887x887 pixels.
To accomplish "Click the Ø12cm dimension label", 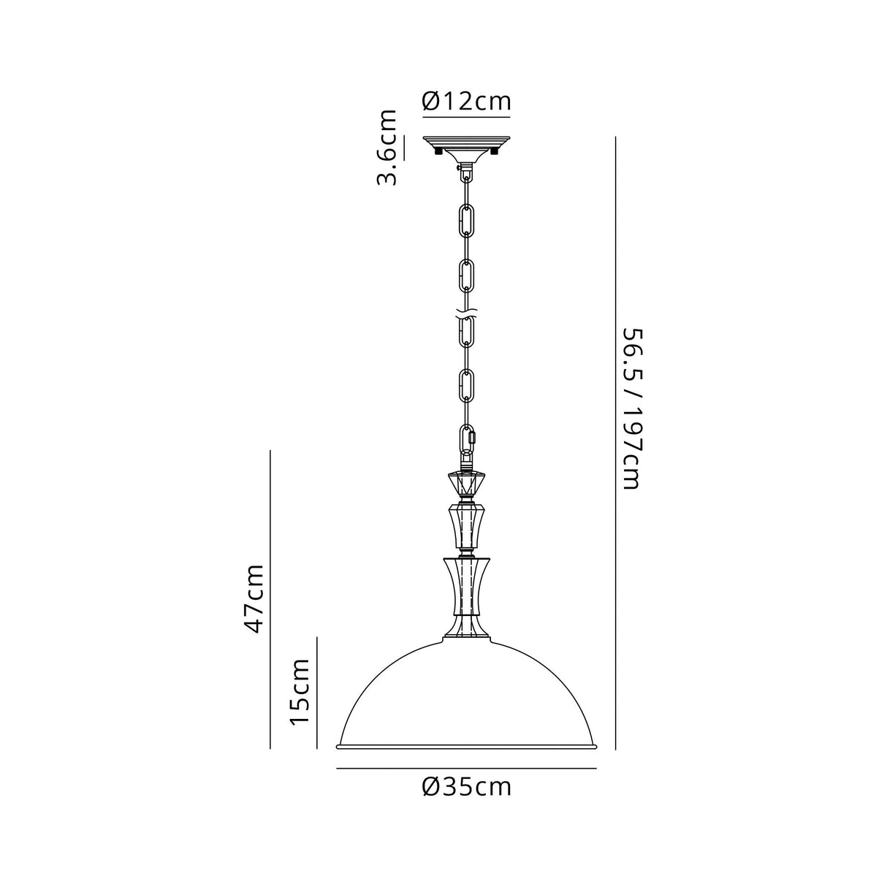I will (466, 101).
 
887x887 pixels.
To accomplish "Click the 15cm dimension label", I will (300, 691).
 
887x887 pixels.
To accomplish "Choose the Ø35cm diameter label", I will (466, 787).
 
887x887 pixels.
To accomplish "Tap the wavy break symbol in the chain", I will (466, 317).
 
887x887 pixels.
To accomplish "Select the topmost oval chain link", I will (466, 218).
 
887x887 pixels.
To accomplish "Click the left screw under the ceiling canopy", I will (438, 153).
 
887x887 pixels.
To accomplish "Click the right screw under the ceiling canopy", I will (495, 153).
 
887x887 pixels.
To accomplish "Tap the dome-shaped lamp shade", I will (466, 694).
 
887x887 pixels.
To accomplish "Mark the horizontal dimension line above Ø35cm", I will (466, 769).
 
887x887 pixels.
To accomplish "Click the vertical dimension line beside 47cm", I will (270, 599).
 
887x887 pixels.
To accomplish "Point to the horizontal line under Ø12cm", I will (466, 115).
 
